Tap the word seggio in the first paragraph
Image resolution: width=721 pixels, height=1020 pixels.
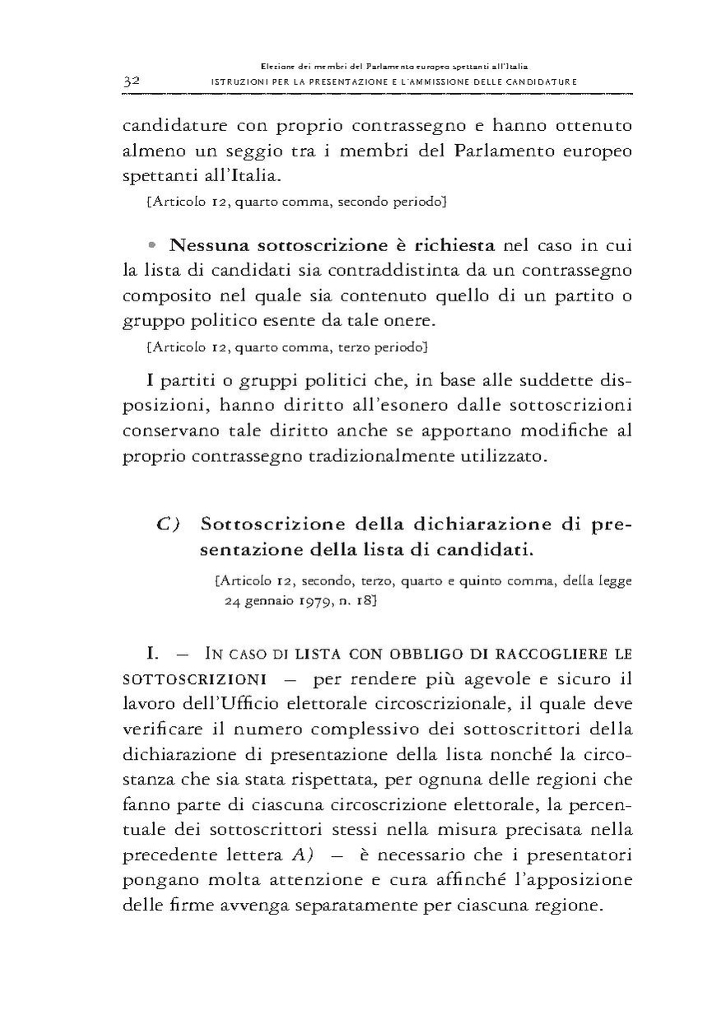tap(272, 152)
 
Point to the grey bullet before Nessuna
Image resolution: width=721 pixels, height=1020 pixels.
tap(154, 245)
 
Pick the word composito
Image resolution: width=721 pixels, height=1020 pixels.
tap(161, 296)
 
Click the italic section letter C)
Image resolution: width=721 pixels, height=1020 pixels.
tap(169, 524)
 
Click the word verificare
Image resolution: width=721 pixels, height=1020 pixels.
tap(165, 729)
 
